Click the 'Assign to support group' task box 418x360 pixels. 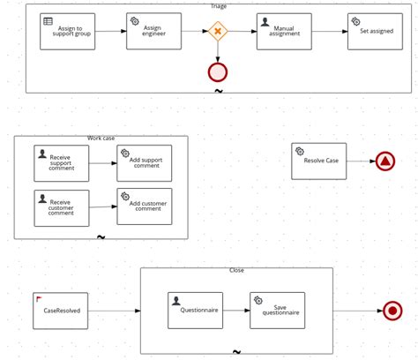[x=68, y=32]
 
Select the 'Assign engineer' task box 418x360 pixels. [x=153, y=32]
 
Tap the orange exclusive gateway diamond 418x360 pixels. [x=218, y=32]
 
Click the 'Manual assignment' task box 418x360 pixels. [x=284, y=32]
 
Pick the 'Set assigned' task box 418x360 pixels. [x=375, y=32]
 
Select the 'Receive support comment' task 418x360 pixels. [x=61, y=163]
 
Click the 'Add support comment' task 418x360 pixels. [x=145, y=163]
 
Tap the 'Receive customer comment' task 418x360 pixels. [x=61, y=208]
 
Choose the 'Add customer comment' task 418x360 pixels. [x=145, y=206]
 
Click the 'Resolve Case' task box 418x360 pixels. [x=319, y=161]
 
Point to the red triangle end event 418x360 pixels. [x=385, y=161]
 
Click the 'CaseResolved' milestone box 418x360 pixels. [x=61, y=311]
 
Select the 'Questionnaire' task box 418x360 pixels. [x=195, y=311]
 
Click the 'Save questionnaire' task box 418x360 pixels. [x=277, y=311]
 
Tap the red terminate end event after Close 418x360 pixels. [x=393, y=311]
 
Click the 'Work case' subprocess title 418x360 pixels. [x=101, y=139]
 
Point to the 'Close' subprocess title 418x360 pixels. [x=236, y=271]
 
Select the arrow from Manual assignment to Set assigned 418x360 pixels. [x=329, y=32]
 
